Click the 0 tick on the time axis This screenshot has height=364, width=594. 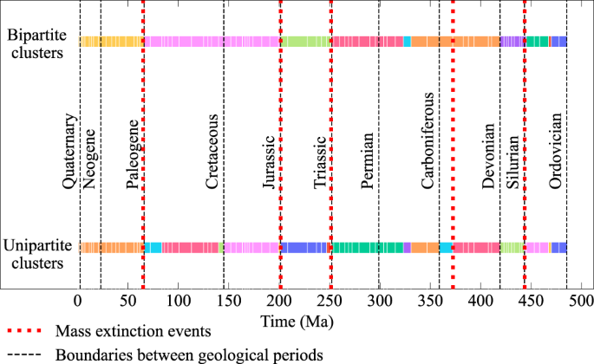coord(78,299)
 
